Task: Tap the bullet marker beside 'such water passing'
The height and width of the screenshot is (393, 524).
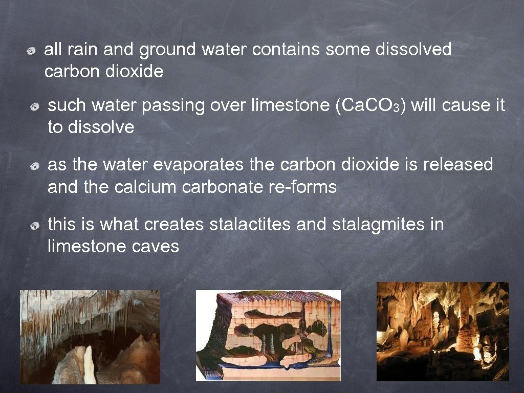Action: coord(35,107)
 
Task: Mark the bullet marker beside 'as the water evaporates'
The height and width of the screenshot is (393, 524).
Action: coord(35,166)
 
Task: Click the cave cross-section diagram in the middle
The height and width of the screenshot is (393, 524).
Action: coord(268,336)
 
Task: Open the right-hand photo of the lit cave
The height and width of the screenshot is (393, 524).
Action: coord(443,332)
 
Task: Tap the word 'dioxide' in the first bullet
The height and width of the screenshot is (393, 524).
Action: coord(135,72)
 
